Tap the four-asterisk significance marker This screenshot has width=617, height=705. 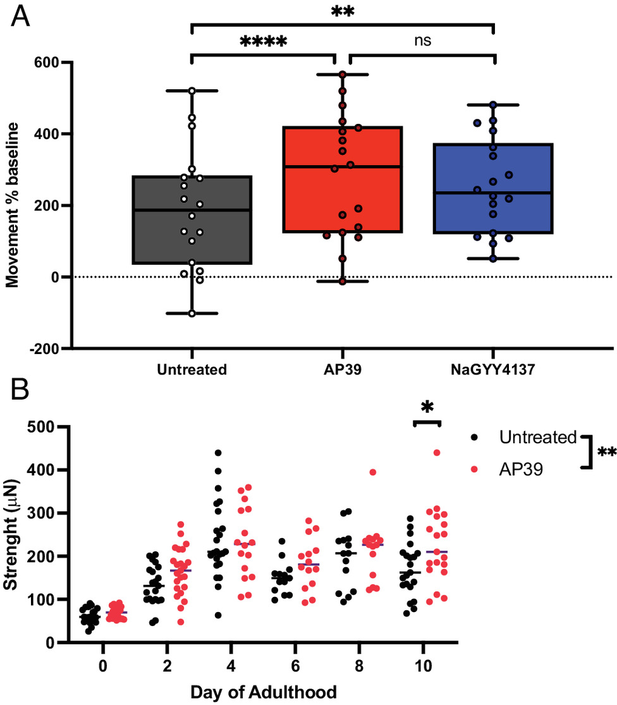click(263, 43)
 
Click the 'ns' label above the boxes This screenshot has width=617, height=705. click(422, 42)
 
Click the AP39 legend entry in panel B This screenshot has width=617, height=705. click(518, 468)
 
